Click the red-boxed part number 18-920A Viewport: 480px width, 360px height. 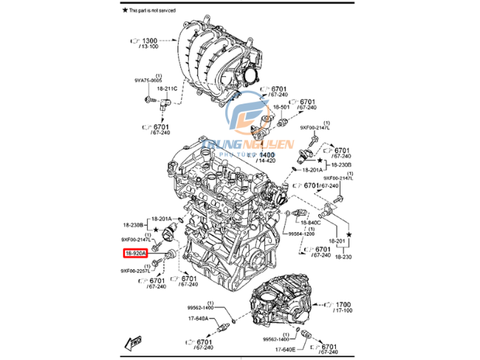click(x=135, y=254)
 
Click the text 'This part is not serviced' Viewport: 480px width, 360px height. click(x=157, y=11)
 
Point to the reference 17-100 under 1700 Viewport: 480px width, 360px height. click(x=345, y=311)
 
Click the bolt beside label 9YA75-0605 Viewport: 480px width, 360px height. click(x=148, y=97)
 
